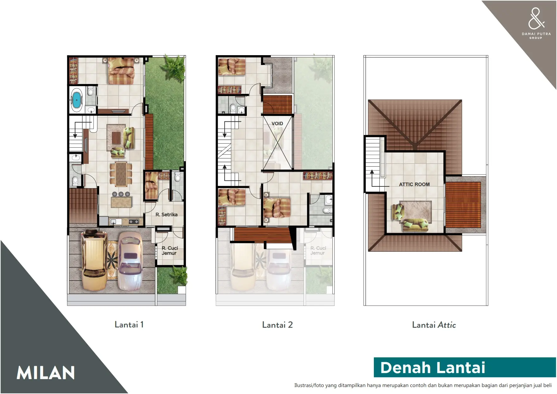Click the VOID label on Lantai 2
(277, 124)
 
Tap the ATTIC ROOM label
(414, 184)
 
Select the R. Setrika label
(166, 215)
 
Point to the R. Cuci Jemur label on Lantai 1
(170, 250)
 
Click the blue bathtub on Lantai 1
(76, 100)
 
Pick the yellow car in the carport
(94, 260)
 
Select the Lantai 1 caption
(129, 325)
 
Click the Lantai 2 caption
(277, 325)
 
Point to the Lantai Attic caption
(434, 325)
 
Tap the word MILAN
(46, 373)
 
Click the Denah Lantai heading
(432, 368)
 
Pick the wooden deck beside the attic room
(463, 204)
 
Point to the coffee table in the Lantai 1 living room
(116, 138)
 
